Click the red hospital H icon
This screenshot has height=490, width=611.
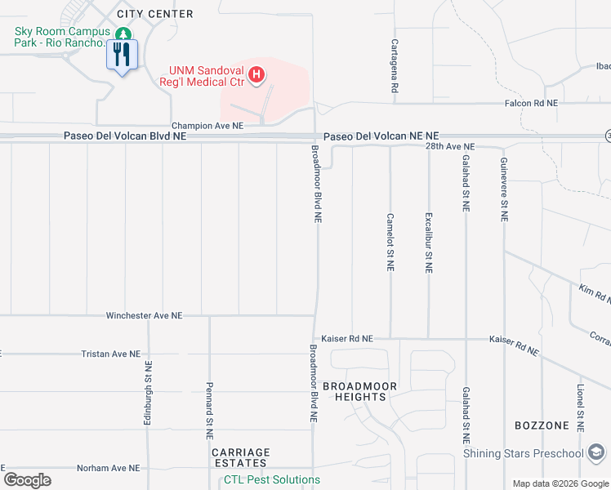coord(256,76)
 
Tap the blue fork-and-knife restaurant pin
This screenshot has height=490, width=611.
coord(123,56)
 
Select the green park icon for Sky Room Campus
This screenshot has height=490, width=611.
coord(123,34)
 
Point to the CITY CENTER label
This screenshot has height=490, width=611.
coord(155,14)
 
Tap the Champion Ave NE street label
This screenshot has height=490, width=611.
coord(207,126)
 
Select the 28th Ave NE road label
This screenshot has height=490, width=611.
coord(450,146)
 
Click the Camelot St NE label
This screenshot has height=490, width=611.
coord(390,243)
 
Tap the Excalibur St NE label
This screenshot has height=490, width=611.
coord(428,243)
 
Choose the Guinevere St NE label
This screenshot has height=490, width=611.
coord(504,189)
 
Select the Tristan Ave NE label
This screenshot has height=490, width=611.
coord(112,354)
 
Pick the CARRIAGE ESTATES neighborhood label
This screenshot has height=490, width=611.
coord(240,457)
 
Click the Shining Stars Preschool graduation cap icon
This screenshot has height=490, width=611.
coord(597,453)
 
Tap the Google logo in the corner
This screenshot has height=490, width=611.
coord(28,480)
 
